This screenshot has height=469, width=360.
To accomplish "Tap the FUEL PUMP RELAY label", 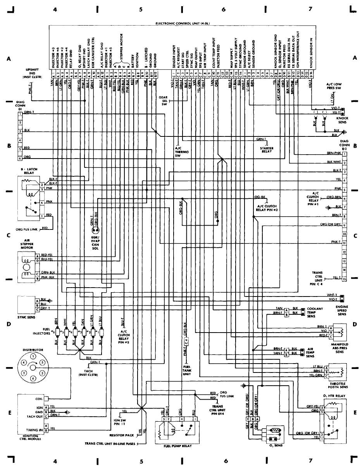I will tap(176, 446).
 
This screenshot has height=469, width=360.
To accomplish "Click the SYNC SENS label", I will tap(26, 317).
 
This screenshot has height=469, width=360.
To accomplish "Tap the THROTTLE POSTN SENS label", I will tap(339, 385).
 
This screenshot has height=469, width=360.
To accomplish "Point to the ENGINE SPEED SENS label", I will tap(342, 310).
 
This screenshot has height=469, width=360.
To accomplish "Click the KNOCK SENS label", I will tap(342, 120).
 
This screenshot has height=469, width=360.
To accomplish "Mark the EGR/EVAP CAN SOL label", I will tap(96, 242).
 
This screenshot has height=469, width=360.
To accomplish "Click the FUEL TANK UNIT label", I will tap(187, 371).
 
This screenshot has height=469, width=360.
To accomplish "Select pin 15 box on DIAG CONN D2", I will tap(344, 278).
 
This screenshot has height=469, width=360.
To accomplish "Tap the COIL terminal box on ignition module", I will tap(46, 398).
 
